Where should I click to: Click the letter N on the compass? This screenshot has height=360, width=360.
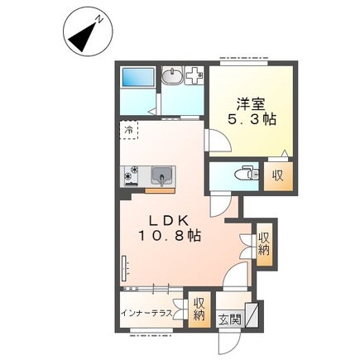pos(99,20)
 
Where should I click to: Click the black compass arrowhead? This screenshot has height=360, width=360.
pos(83,38)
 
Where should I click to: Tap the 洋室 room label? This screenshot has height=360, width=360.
pos(251,103)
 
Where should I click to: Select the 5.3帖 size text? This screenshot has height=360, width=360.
pos(252,119)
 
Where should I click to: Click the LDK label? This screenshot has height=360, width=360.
pos(169,221)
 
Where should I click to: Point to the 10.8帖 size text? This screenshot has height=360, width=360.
pos(169,236)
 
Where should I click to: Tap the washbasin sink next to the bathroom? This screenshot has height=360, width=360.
pos(171,75)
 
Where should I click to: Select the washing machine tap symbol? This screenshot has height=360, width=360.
pos(194,75)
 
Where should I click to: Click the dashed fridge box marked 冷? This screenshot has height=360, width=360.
pos(128,130)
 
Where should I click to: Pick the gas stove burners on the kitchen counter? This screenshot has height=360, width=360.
pos(132,175)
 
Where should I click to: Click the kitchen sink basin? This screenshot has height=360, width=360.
pos(161,175)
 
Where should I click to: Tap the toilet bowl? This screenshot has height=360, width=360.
pos(247,174)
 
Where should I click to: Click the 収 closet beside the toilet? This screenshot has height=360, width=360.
pos(278,176)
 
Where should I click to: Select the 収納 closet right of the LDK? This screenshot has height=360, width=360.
pos(264,244)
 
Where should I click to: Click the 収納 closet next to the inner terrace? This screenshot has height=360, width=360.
pos(199,310)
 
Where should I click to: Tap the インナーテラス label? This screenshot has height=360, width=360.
pos(147,314)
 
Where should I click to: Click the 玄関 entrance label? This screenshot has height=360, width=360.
pos(230,320)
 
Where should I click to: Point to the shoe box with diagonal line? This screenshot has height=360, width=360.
pos(252,315)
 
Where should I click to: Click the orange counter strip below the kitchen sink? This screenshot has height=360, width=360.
pos(160,191)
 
